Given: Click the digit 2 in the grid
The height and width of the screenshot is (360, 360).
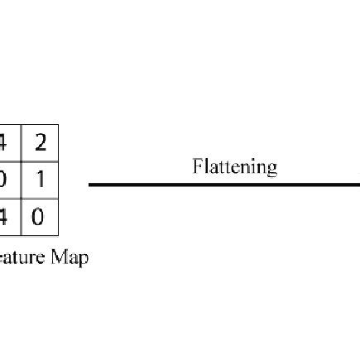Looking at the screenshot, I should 39,143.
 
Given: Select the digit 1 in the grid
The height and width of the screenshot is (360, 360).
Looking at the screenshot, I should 39,180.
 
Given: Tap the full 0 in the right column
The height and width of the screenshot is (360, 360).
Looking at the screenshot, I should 39,218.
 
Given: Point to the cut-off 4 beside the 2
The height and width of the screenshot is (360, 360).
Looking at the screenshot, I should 3,143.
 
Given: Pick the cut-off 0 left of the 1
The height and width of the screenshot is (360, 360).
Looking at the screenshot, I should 3,180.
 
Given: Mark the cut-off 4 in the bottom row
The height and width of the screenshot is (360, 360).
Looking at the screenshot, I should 3,218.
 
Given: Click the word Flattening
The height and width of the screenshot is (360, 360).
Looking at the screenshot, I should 234,167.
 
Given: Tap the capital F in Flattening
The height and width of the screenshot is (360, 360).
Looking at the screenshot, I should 198,166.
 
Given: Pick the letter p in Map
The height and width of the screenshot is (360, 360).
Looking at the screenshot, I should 83,259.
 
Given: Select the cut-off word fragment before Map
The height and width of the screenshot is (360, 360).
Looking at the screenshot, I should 21,257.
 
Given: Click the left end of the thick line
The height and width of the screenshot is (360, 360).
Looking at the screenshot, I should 90,184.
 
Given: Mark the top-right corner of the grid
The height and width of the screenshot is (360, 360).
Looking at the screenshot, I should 58,125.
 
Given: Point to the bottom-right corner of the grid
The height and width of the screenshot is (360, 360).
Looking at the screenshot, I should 58,238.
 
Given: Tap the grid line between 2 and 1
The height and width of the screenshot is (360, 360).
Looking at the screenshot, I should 39,162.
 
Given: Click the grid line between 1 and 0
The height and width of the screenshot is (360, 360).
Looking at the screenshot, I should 39,199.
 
